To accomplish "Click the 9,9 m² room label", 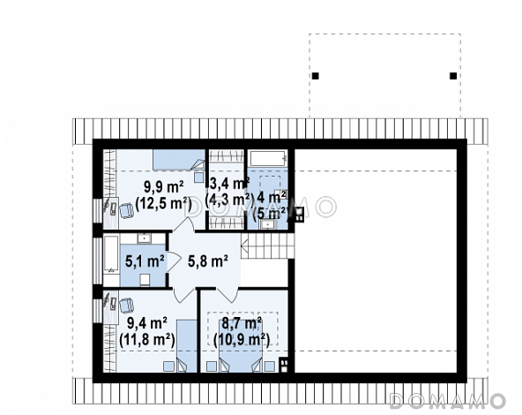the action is (x=164, y=187).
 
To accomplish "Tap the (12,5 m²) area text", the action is (x=163, y=203).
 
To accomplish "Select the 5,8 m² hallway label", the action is (x=208, y=260).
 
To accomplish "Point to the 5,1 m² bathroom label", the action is (x=145, y=260).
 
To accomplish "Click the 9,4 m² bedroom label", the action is (x=147, y=322).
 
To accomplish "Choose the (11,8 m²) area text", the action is (x=147, y=340).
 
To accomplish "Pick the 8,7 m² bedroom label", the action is (x=242, y=322).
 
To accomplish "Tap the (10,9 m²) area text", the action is (x=242, y=340).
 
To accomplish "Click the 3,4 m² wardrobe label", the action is (x=230, y=184).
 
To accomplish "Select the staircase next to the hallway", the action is (x=268, y=245).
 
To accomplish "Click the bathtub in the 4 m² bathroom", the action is (x=268, y=158).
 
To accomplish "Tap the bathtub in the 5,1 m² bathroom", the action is (x=111, y=254).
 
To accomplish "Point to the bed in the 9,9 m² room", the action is (x=179, y=160).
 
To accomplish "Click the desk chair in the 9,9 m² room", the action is (x=126, y=211).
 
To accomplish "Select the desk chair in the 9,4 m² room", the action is (x=126, y=306).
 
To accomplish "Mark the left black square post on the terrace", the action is (x=316, y=76).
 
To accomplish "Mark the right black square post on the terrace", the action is (x=453, y=76).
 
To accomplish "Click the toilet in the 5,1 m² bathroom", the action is (x=145, y=280).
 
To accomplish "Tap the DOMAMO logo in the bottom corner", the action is (x=447, y=401).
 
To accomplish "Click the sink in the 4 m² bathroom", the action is (x=268, y=224).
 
